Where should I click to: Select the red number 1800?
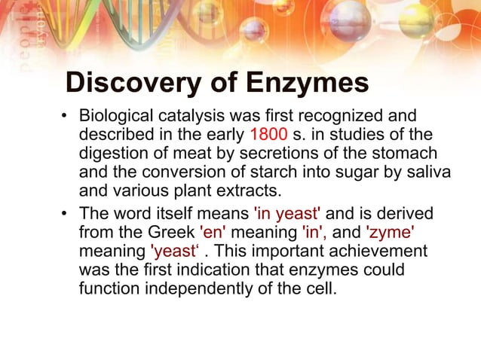pos(268,135)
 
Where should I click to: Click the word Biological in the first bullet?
pos(115,117)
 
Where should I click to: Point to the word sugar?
pos(339,172)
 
